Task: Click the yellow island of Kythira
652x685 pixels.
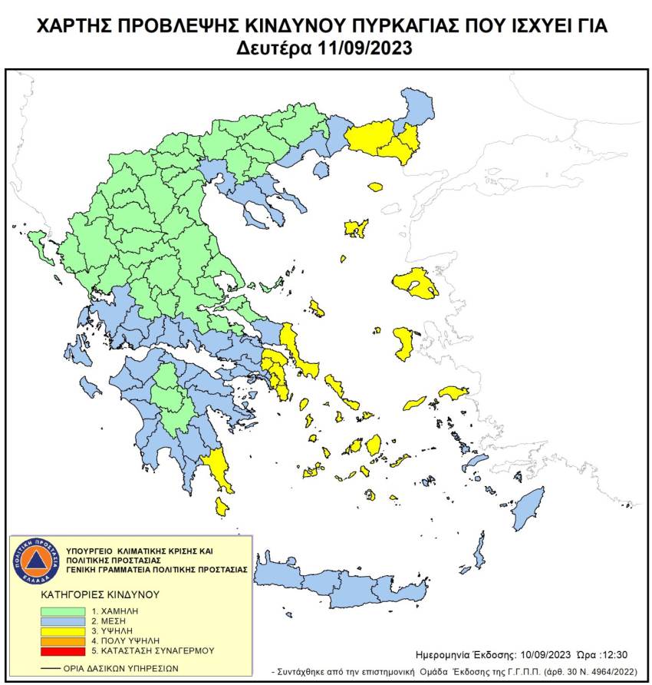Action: pyautogui.click(x=222, y=506)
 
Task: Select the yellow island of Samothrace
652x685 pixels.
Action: pyautogui.click(x=375, y=187)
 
